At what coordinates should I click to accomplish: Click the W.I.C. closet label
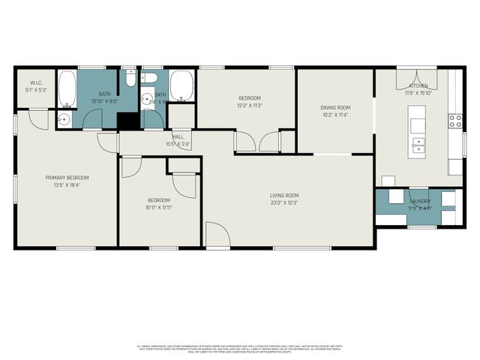(35, 82)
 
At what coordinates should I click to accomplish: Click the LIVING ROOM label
(284, 196)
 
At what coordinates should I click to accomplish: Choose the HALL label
(178, 136)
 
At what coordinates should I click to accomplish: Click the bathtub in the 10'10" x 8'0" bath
(67, 88)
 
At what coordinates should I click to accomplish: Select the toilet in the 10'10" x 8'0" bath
(130, 77)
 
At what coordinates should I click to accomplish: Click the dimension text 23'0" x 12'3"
(284, 203)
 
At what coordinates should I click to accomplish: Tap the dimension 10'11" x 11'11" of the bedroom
(158, 208)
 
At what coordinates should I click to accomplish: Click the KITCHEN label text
(417, 86)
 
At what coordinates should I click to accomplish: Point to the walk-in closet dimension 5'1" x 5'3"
(35, 90)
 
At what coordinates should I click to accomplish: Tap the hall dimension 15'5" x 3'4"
(178, 144)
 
